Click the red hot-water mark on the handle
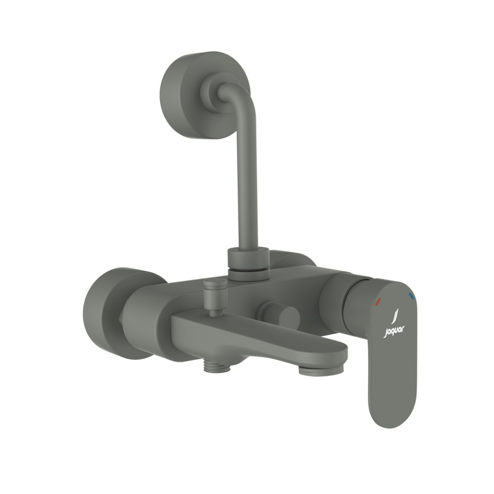378,299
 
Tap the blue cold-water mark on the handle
411,296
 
